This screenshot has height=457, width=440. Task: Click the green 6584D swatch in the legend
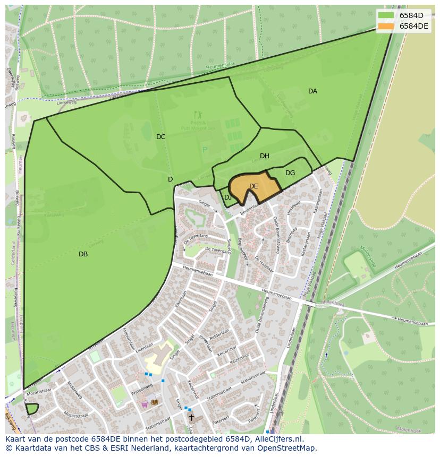[386, 15]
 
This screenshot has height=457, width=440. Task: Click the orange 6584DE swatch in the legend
[386, 26]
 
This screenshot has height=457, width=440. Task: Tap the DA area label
[312, 91]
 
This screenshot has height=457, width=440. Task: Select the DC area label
[160, 137]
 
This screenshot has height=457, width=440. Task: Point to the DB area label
[83, 254]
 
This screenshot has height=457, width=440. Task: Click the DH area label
[264, 156]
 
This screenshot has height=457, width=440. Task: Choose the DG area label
[290, 173]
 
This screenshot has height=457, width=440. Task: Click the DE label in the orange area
[253, 186]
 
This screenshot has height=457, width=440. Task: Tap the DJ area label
[227, 197]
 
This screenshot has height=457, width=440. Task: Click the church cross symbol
[191, 418]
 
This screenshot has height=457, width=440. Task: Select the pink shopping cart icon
[144, 404]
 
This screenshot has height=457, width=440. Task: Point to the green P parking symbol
[205, 150]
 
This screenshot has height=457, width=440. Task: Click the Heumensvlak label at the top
[220, 66]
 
